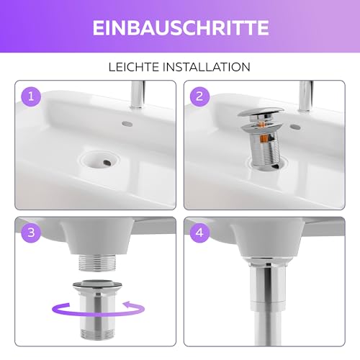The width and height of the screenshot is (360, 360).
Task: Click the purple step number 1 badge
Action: coord(30,95)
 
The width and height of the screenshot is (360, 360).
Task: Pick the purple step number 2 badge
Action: coord(200,95)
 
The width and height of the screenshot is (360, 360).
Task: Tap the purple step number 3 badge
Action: coord(30,233)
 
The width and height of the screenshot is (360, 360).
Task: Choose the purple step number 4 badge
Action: coord(200,233)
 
